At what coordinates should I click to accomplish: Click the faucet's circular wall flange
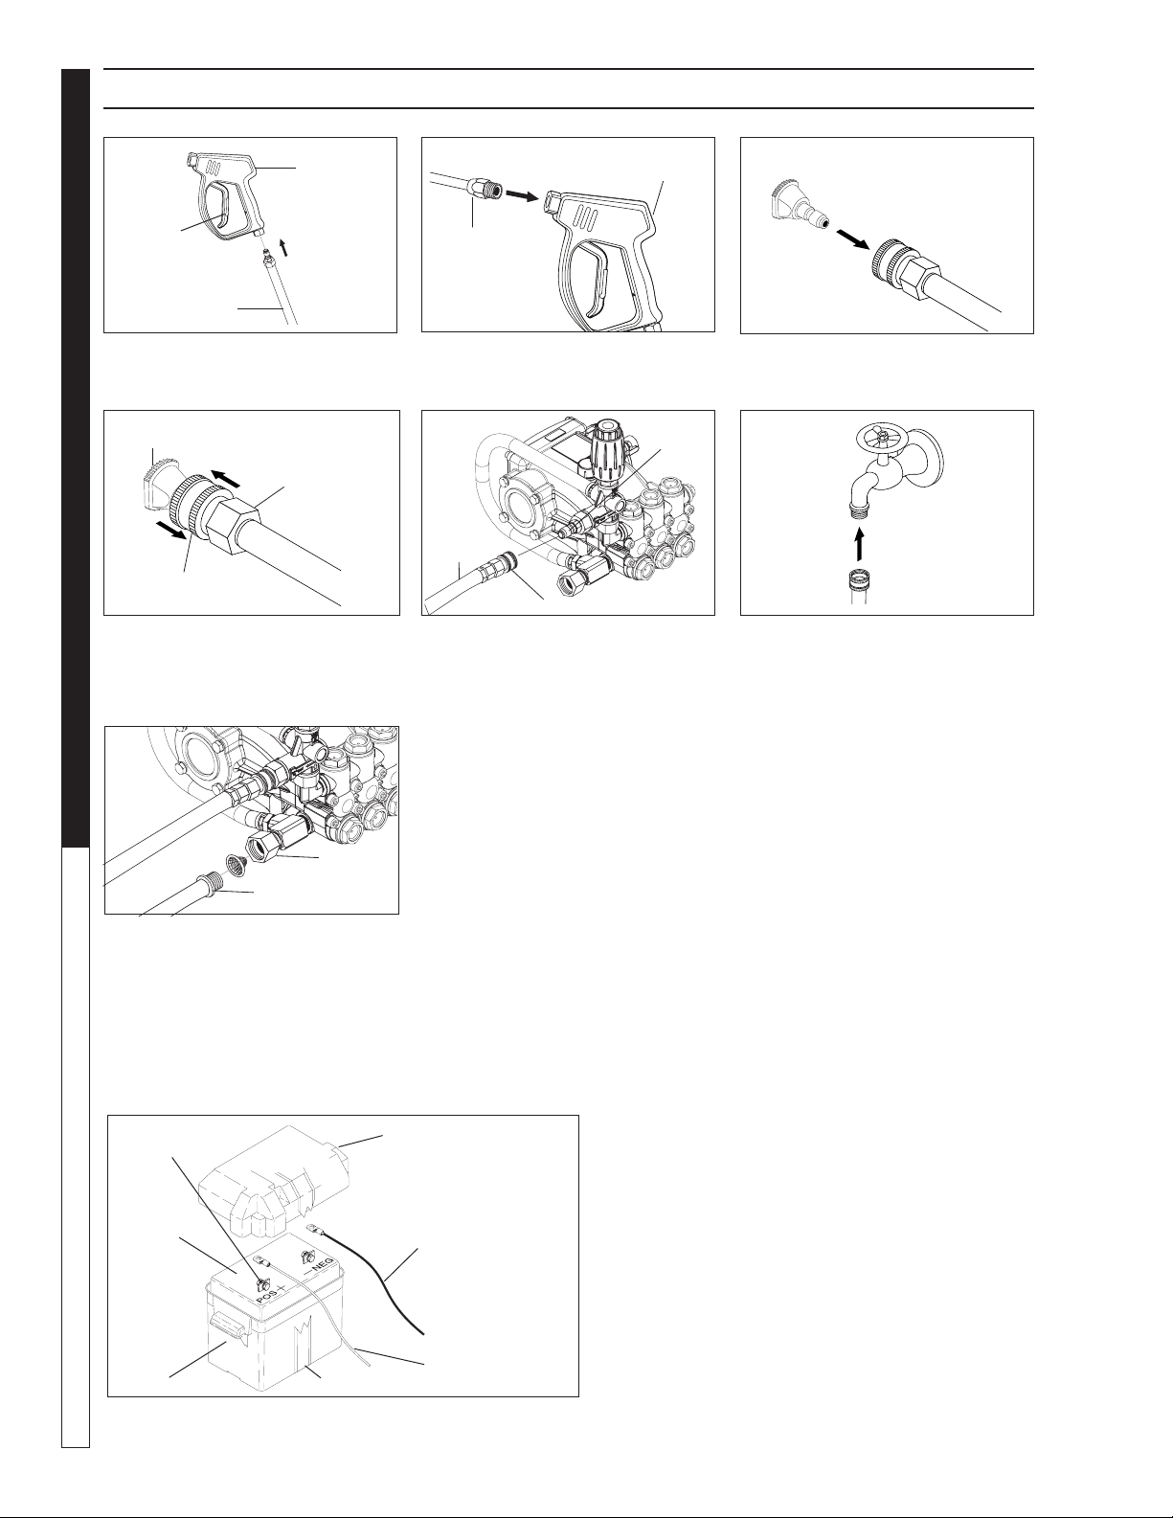(932, 454)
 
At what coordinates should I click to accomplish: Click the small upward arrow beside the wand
(282, 246)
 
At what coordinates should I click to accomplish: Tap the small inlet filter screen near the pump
(236, 866)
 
